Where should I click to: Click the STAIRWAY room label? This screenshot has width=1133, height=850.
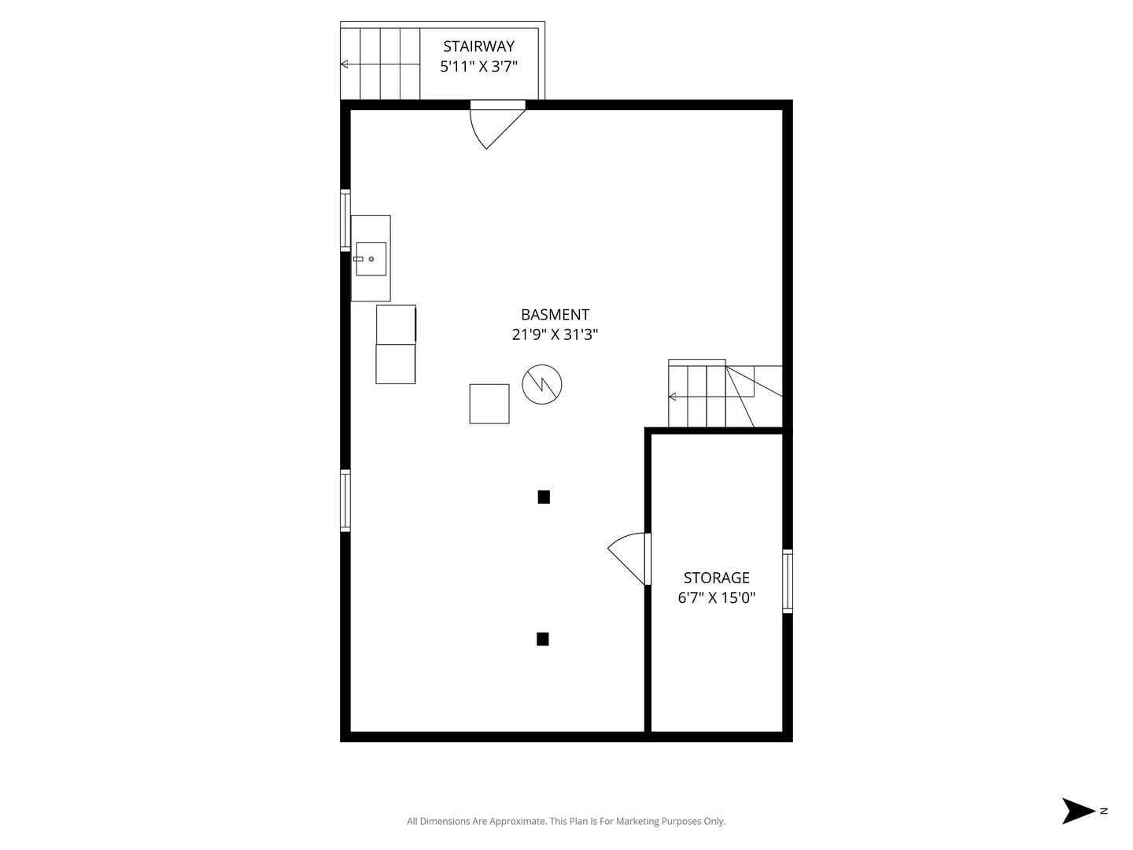tap(478, 46)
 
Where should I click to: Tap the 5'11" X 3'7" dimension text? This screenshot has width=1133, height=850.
tap(478, 67)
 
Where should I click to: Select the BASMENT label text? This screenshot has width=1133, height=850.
tap(555, 314)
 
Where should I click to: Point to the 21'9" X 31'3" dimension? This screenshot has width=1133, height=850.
tap(555, 334)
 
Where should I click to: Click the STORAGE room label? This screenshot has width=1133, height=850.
tap(717, 577)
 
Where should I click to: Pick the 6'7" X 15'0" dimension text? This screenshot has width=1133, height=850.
tap(717, 597)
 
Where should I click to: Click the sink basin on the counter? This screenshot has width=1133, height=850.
tap(371, 259)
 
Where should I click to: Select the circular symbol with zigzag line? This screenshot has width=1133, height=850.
tap(542, 385)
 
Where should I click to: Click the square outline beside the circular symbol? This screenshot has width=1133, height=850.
tap(489, 404)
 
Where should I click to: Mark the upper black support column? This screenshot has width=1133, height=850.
tap(544, 497)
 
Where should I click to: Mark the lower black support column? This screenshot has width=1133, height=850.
tap(542, 639)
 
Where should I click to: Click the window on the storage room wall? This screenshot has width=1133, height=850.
tap(788, 581)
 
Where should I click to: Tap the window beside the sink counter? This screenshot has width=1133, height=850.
tap(345, 220)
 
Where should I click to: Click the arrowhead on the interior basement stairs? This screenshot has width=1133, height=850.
tap(672, 397)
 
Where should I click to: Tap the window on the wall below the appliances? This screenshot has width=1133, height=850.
tap(345, 501)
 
